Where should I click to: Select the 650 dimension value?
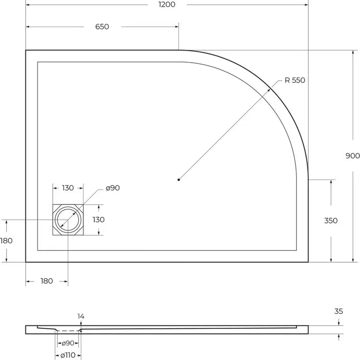pos(102,27)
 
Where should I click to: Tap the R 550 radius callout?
pos(295,80)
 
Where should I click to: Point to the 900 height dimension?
pos(352,156)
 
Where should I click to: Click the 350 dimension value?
pos(331,221)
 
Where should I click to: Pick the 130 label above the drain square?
pos(68,188)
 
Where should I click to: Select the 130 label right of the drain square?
pos(98,220)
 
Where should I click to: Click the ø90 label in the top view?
pos(112,188)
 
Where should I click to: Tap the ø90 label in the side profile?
pos(68,343)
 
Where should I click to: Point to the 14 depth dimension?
pos(81,316)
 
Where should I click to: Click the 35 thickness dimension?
pos(339,311)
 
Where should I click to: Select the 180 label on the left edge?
pos(6,241)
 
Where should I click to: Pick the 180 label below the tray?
pos(46,281)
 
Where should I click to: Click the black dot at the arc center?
pos(179,179)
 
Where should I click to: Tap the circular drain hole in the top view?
pos(68,220)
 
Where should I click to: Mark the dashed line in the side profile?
pos(68,331)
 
